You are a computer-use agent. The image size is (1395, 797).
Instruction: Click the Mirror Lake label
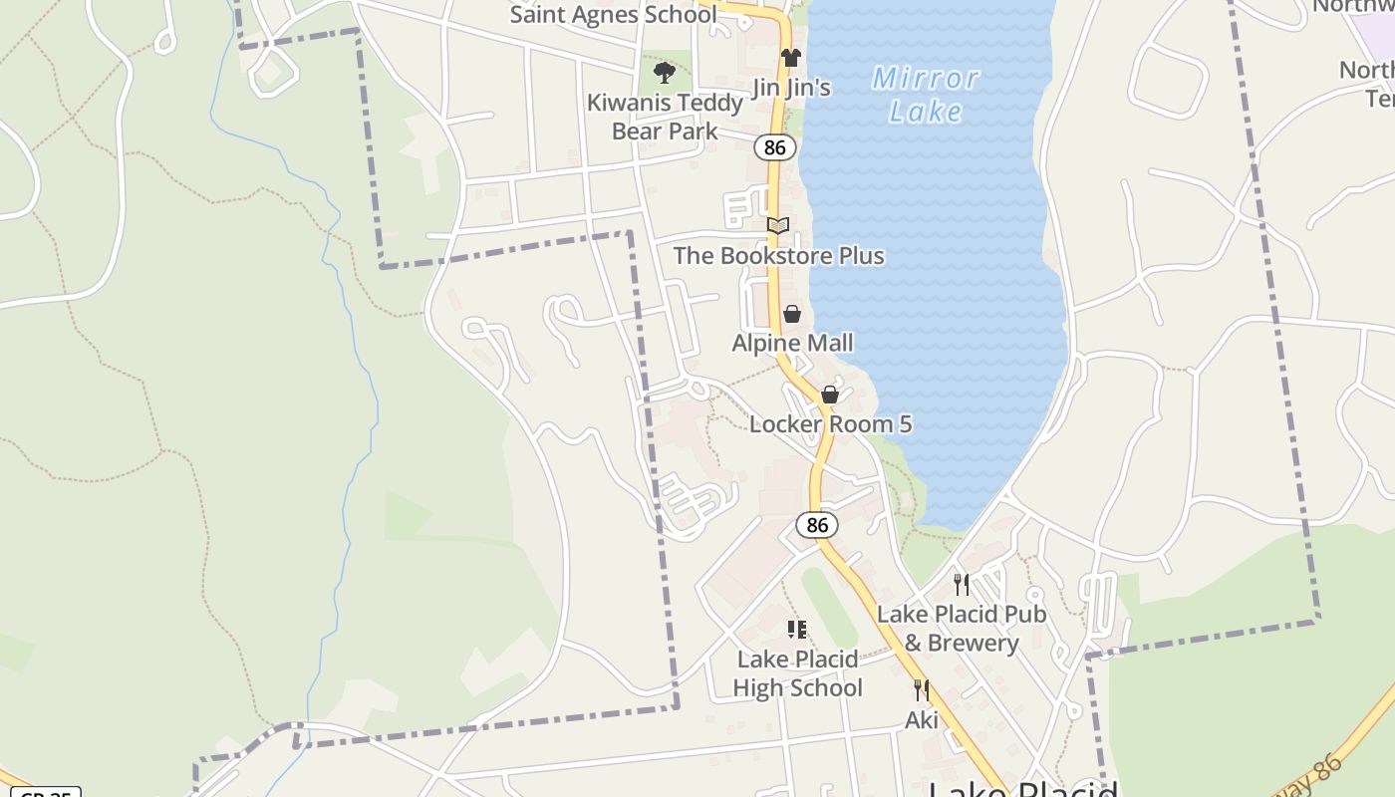[926, 94]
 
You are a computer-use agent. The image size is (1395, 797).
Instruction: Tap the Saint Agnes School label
[613, 14]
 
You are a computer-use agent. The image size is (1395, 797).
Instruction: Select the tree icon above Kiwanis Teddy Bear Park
[665, 73]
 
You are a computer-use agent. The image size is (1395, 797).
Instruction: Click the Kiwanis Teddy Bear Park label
[665, 117]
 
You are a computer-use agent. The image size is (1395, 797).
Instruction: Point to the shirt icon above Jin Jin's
[790, 58]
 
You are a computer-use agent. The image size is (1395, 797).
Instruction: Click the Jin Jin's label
[791, 88]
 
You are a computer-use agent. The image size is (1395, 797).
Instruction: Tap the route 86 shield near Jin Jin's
[775, 147]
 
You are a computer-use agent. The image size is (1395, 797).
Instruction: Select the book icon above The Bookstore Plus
[778, 226]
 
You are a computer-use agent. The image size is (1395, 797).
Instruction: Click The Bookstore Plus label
[778, 256]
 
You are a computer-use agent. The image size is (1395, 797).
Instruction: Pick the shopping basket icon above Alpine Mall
[792, 315]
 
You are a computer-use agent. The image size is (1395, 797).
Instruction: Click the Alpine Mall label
[792, 344]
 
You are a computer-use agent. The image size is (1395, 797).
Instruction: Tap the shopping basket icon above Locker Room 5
[830, 396]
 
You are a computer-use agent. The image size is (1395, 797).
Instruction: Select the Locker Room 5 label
[830, 424]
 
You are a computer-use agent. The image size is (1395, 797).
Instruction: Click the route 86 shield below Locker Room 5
[817, 525]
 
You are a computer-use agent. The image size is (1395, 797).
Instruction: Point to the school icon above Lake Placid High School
[797, 630]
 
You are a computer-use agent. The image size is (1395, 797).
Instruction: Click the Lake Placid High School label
[797, 673]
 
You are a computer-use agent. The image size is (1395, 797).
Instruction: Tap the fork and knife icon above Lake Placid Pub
[962, 584]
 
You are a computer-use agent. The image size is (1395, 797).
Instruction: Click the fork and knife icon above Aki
[922, 689]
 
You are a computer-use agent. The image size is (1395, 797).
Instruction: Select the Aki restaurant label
[922, 719]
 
